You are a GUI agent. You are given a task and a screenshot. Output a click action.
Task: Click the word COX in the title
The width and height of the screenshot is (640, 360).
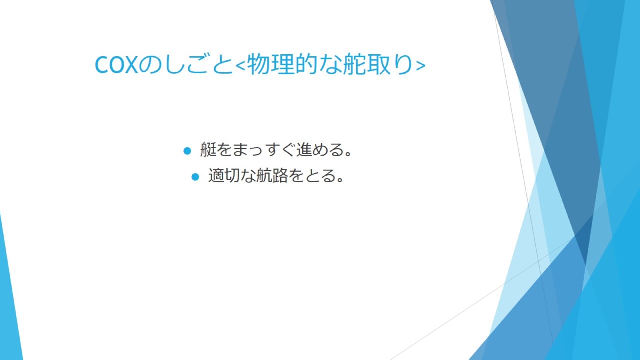116,65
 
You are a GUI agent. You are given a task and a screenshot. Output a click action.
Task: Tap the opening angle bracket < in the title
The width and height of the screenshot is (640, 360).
240,65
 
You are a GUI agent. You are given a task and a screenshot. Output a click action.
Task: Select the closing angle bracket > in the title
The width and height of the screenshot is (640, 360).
421,65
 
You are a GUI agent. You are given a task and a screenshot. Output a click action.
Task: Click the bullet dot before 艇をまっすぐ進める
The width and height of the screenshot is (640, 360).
187,151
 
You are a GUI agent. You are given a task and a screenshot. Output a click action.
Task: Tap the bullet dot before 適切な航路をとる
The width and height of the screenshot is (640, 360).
195,177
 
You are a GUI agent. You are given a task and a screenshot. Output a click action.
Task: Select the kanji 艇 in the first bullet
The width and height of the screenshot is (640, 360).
208,149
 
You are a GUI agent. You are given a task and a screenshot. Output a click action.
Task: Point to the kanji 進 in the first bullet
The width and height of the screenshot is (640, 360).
304,149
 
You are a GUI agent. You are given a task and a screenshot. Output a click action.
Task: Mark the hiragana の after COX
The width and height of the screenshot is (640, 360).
150,64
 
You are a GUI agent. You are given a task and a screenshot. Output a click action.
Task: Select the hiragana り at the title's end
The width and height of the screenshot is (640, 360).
403,64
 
